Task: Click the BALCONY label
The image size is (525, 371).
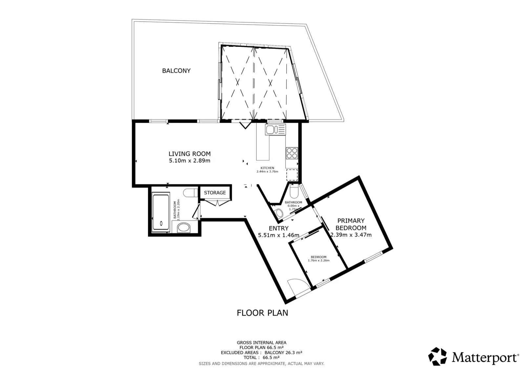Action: click(176, 71)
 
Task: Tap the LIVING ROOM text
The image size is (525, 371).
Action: click(190, 154)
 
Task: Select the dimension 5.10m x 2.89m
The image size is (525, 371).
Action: click(190, 161)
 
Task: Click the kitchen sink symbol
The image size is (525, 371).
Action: click(275, 129)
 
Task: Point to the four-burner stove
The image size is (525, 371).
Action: click(292, 153)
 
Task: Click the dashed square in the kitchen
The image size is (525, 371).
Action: click(292, 175)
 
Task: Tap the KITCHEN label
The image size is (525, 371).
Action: click(267, 168)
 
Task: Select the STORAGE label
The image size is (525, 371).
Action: click(215, 193)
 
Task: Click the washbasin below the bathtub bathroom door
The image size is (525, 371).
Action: click(183, 227)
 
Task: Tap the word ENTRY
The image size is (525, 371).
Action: click(279, 228)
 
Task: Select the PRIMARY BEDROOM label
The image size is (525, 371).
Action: click(351, 224)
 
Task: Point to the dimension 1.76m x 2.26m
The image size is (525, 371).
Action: click(319, 260)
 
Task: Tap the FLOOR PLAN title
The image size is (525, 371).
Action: click(262, 313)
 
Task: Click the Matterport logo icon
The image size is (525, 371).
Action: click(438, 357)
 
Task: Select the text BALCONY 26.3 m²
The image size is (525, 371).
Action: click(283, 353)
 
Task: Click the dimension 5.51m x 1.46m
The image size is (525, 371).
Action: click(279, 235)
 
